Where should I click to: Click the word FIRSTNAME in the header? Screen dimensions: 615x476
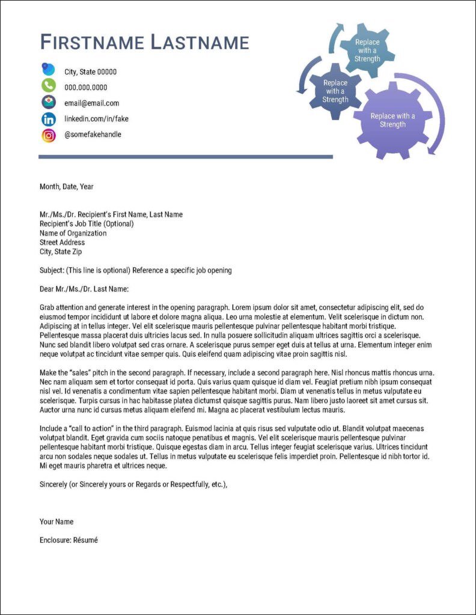[x=92, y=43]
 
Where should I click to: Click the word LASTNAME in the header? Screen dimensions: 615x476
[x=200, y=43]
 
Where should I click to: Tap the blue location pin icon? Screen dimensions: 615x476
[x=48, y=70]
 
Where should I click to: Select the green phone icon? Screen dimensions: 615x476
[x=49, y=86]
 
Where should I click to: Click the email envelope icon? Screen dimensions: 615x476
[x=49, y=102]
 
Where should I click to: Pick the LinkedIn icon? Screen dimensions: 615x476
[x=49, y=119]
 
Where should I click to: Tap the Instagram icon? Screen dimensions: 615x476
[x=49, y=135]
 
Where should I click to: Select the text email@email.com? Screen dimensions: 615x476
[x=91, y=103]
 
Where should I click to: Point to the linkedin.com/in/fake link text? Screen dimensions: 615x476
[x=96, y=119]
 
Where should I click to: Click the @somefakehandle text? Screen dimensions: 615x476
[x=93, y=135]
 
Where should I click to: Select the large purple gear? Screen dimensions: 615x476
[x=392, y=121]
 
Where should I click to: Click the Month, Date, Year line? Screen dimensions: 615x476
[x=67, y=187]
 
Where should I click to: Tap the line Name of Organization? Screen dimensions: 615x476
[x=73, y=233]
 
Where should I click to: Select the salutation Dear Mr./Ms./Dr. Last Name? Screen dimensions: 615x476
[x=84, y=289]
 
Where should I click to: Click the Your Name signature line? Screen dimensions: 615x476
[x=56, y=521]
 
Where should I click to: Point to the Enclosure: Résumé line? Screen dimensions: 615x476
[x=69, y=540]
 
